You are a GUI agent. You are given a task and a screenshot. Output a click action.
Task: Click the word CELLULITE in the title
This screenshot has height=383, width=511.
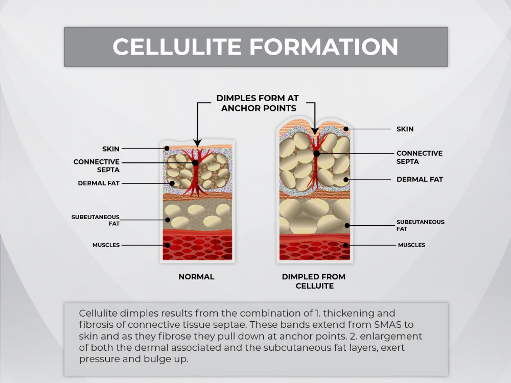pyautogui.click(x=177, y=46)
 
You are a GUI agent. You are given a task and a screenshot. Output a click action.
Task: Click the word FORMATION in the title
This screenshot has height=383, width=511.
pyautogui.click(x=324, y=46)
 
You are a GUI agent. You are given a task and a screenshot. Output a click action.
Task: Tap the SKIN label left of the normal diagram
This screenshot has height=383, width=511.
pyautogui.click(x=111, y=149)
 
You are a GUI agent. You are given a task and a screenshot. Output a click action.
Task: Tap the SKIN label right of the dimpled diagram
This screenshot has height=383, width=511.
pyautogui.click(x=405, y=129)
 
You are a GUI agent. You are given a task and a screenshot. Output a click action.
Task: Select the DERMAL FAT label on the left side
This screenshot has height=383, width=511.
pyautogui.click(x=99, y=183)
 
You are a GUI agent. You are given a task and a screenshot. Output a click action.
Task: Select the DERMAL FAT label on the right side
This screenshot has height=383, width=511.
pyautogui.click(x=420, y=179)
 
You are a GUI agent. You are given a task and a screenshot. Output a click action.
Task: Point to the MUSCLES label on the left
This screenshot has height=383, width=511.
pyautogui.click(x=106, y=245)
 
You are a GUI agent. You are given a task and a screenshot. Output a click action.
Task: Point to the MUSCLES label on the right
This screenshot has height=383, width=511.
pyautogui.click(x=411, y=245)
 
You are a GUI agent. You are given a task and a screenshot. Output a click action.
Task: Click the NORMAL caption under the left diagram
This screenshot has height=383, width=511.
pyautogui.click(x=197, y=277)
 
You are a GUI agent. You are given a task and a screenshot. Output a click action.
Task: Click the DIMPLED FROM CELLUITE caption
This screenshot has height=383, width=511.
pyautogui.click(x=314, y=281)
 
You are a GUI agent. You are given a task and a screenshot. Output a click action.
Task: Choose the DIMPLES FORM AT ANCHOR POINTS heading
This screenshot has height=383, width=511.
pyautogui.click(x=258, y=103)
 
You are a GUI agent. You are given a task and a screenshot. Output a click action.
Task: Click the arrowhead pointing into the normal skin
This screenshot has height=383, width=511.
pyautogui.click(x=197, y=143)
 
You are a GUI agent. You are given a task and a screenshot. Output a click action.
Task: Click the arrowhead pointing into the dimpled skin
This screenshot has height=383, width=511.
pyautogui.click(x=315, y=131)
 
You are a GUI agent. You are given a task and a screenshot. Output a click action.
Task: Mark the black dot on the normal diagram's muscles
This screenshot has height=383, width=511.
pyautogui.click(x=168, y=245)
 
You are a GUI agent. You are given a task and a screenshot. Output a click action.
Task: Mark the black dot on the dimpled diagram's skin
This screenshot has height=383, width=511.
pyautogui.click(x=346, y=129)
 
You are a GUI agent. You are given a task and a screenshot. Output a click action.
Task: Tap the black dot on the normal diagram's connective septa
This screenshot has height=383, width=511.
pyautogui.click(x=195, y=163)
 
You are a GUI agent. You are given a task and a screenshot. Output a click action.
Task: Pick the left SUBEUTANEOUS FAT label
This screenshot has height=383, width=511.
pyautogui.click(x=96, y=220)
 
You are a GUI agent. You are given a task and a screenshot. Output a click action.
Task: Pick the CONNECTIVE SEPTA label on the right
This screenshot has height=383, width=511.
pyautogui.click(x=420, y=157)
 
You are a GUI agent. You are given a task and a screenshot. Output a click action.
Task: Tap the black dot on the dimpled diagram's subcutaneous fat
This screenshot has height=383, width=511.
pyautogui.click(x=347, y=225)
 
